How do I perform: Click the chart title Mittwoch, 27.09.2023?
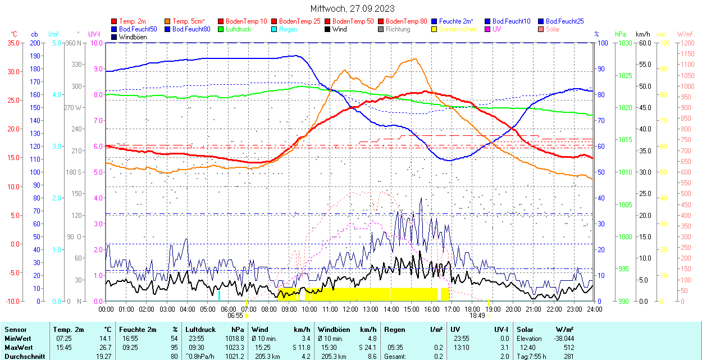352,8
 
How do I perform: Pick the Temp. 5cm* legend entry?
189,21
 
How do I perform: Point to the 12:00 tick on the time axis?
350,309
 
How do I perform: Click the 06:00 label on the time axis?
228,309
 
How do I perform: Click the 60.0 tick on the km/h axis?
644,43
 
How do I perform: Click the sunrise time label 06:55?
235,316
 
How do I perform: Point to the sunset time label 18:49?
477,316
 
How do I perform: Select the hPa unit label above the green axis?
621,34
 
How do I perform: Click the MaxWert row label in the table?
18,347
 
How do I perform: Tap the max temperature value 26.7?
104,347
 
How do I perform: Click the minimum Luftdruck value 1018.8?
238,339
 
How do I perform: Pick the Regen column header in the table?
394,330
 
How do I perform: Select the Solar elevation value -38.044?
563,339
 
